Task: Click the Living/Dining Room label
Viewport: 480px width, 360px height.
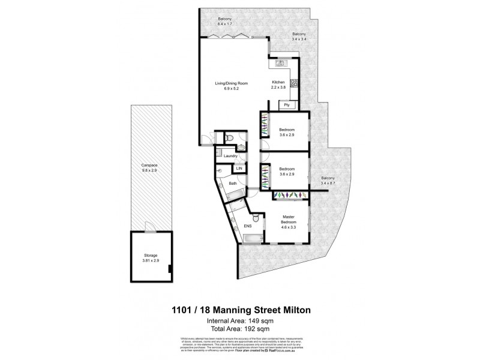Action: (x=232, y=85)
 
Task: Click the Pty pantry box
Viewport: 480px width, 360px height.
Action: (x=287, y=105)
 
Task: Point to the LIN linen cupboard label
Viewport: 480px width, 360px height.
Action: (x=238, y=170)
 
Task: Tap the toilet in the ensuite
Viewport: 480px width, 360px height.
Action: (x=256, y=220)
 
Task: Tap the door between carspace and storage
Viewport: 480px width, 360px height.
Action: (x=150, y=228)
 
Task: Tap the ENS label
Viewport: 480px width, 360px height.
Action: (x=247, y=226)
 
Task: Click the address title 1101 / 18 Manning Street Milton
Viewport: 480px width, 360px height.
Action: (x=239, y=310)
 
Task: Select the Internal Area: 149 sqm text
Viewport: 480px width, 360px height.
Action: (x=239, y=321)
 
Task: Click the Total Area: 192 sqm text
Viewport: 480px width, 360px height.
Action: (x=239, y=329)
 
